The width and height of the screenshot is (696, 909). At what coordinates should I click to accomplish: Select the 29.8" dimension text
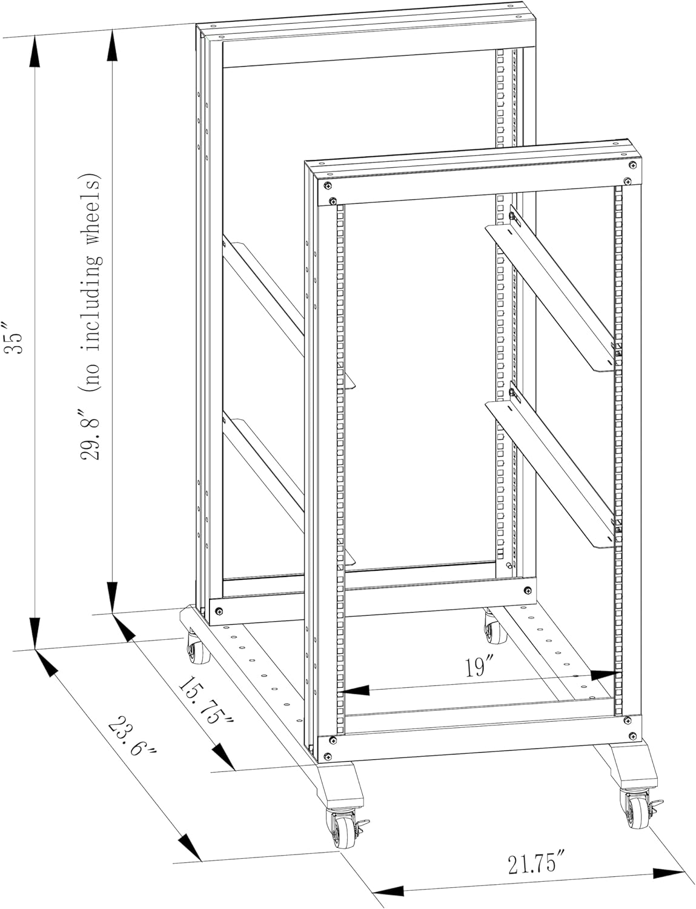pyautogui.click(x=92, y=435)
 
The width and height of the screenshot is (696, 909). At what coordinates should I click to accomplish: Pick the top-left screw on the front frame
pyautogui.click(x=327, y=185)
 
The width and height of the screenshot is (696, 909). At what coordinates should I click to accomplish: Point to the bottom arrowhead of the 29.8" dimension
pyautogui.click(x=113, y=598)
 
